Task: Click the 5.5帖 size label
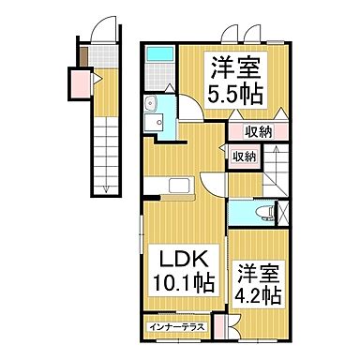tap(234, 95)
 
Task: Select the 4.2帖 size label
tap(258, 295)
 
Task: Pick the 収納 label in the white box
tap(244, 157)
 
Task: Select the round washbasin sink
tap(152, 104)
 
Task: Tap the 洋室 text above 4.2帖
tap(258, 274)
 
